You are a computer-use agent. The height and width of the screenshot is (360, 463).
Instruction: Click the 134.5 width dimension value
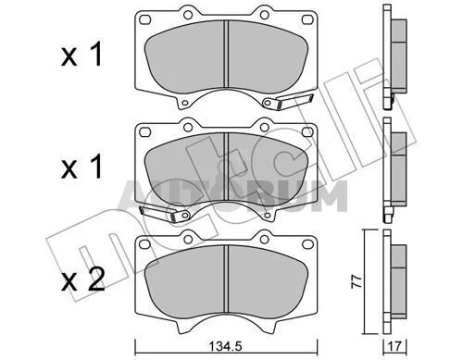tap(225, 346)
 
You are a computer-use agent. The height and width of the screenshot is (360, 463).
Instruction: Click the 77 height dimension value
tap(357, 281)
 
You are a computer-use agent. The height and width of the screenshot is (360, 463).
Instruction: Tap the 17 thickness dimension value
tap(394, 346)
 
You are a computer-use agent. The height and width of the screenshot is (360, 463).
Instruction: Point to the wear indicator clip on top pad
tap(288, 101)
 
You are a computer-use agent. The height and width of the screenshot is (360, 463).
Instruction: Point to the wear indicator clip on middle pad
tap(164, 213)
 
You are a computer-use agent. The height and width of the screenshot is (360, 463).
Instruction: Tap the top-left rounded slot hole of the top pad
tap(144, 19)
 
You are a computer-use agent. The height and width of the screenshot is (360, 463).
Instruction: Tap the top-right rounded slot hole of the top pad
tap(307, 19)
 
